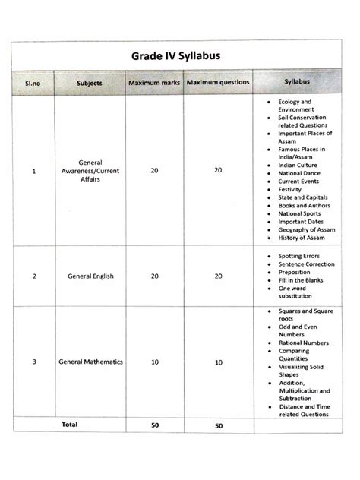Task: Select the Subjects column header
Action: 90,81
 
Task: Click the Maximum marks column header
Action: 154,81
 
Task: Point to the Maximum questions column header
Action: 218,81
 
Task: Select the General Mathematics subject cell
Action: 90,362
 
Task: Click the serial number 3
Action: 34,362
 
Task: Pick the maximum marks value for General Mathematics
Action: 154,362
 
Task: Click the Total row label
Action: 69,424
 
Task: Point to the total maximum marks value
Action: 154,426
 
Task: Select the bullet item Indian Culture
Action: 298,165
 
